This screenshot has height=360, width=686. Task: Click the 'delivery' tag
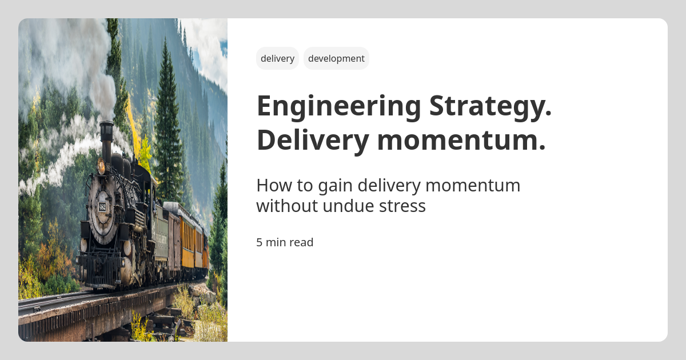pos(277,58)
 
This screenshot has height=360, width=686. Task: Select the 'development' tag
pos(336,58)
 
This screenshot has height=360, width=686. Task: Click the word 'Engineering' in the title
pos(338,106)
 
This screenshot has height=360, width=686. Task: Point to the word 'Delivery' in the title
pos(312,140)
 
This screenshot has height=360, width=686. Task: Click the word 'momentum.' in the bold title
pos(461,140)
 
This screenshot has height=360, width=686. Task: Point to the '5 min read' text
pos(285,242)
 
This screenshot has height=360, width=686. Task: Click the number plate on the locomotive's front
pos(102,206)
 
